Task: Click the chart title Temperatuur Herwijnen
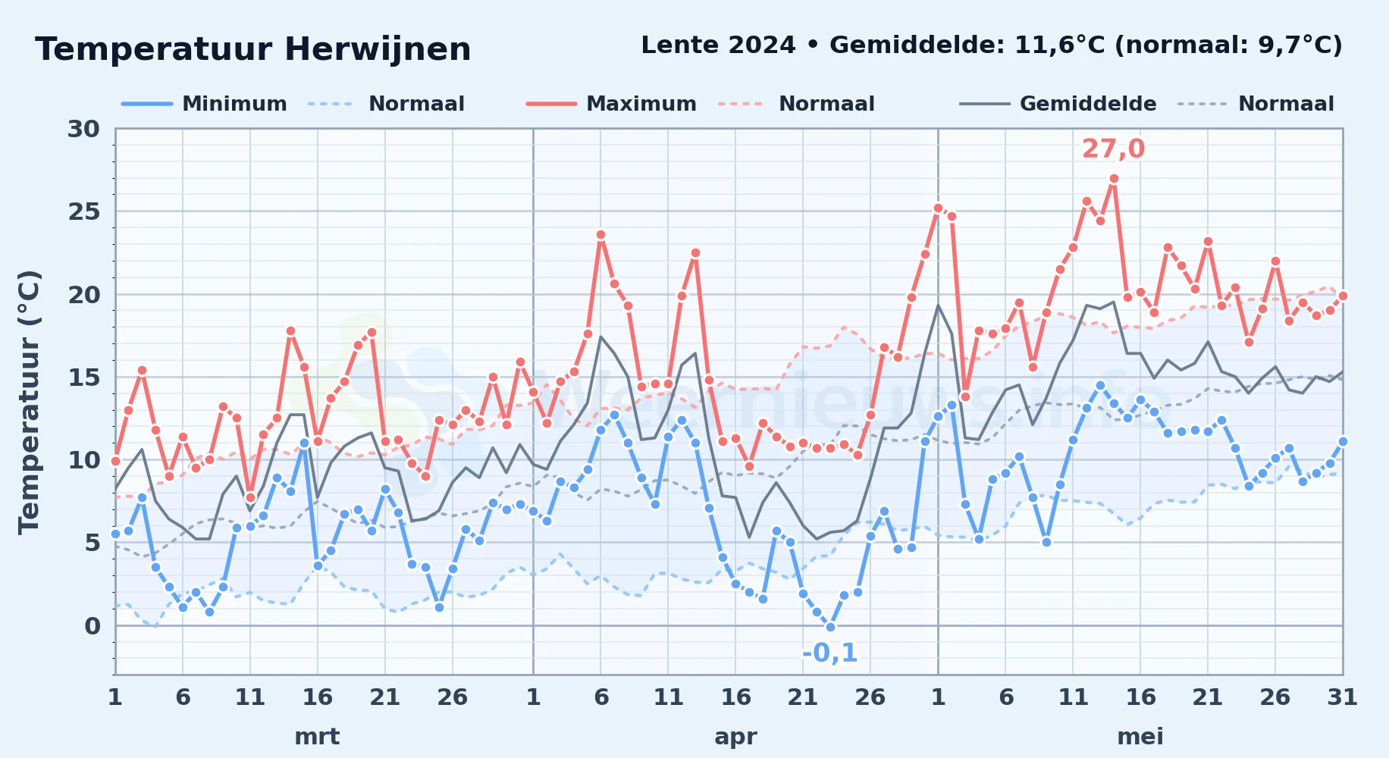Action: click(253, 49)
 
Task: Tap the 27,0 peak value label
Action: click(1113, 149)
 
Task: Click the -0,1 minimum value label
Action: click(829, 653)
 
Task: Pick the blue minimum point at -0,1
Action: click(830, 627)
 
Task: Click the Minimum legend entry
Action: click(205, 104)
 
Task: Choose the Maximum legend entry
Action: click(612, 104)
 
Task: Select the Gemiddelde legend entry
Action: click(1058, 104)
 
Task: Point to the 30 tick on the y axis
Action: click(83, 129)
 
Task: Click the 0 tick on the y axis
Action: click(92, 626)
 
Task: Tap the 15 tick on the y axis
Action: click(83, 377)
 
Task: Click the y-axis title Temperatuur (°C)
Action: click(29, 402)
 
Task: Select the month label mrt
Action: click(317, 736)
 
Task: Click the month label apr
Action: click(735, 737)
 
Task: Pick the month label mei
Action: click(1140, 736)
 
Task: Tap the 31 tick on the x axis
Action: click(1342, 697)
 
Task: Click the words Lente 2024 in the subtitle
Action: click(718, 45)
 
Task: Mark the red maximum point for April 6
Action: click(600, 235)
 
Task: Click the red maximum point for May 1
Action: click(938, 208)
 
